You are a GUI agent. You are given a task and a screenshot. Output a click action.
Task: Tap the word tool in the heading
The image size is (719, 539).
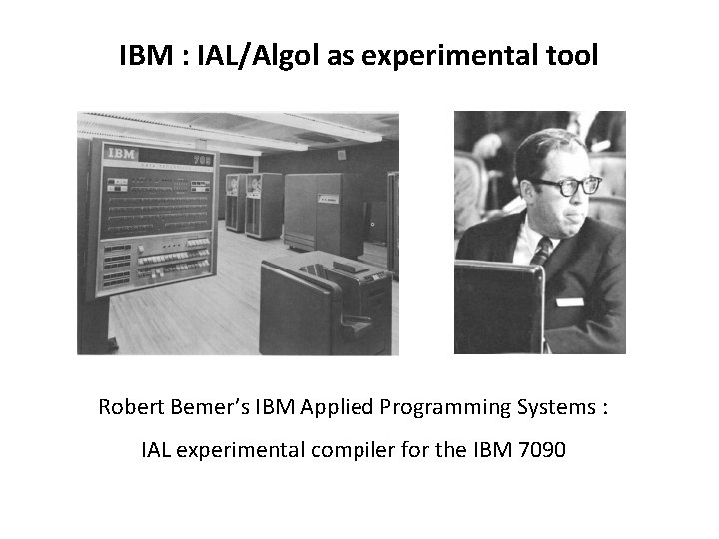tap(573, 55)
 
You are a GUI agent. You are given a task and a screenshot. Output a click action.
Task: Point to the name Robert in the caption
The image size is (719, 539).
tap(129, 407)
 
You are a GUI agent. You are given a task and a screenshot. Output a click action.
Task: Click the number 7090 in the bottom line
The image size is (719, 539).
tap(540, 450)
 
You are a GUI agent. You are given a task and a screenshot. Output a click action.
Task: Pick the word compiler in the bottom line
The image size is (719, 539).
tap(352, 450)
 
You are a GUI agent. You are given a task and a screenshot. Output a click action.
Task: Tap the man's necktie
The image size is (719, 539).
tap(541, 251)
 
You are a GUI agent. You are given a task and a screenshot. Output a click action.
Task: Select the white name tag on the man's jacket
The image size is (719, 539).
tap(569, 301)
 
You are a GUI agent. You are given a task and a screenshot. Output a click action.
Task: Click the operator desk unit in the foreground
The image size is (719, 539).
tap(320, 304)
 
